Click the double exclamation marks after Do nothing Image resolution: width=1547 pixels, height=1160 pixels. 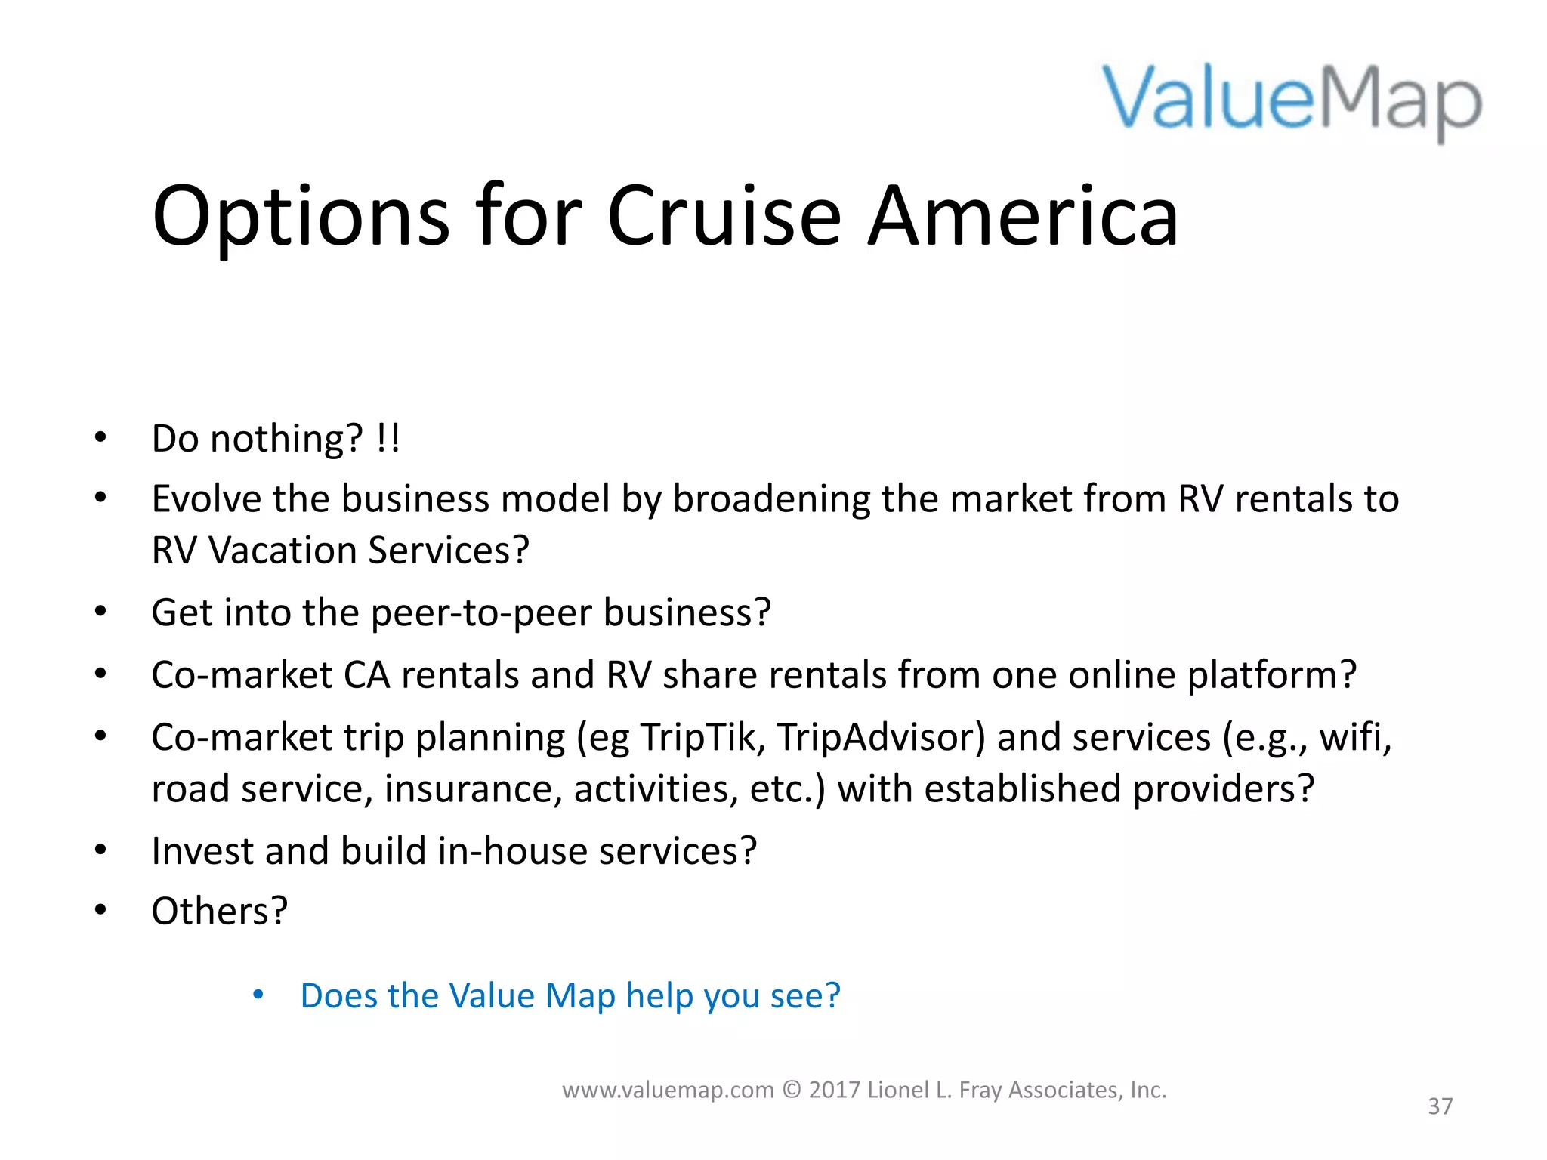[x=388, y=438]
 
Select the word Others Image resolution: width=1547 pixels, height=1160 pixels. [x=211, y=911]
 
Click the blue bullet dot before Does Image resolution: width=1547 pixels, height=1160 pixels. [x=258, y=995]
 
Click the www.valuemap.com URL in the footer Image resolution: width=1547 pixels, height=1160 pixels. [x=668, y=1090]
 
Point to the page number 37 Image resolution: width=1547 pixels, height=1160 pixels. [x=1440, y=1106]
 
